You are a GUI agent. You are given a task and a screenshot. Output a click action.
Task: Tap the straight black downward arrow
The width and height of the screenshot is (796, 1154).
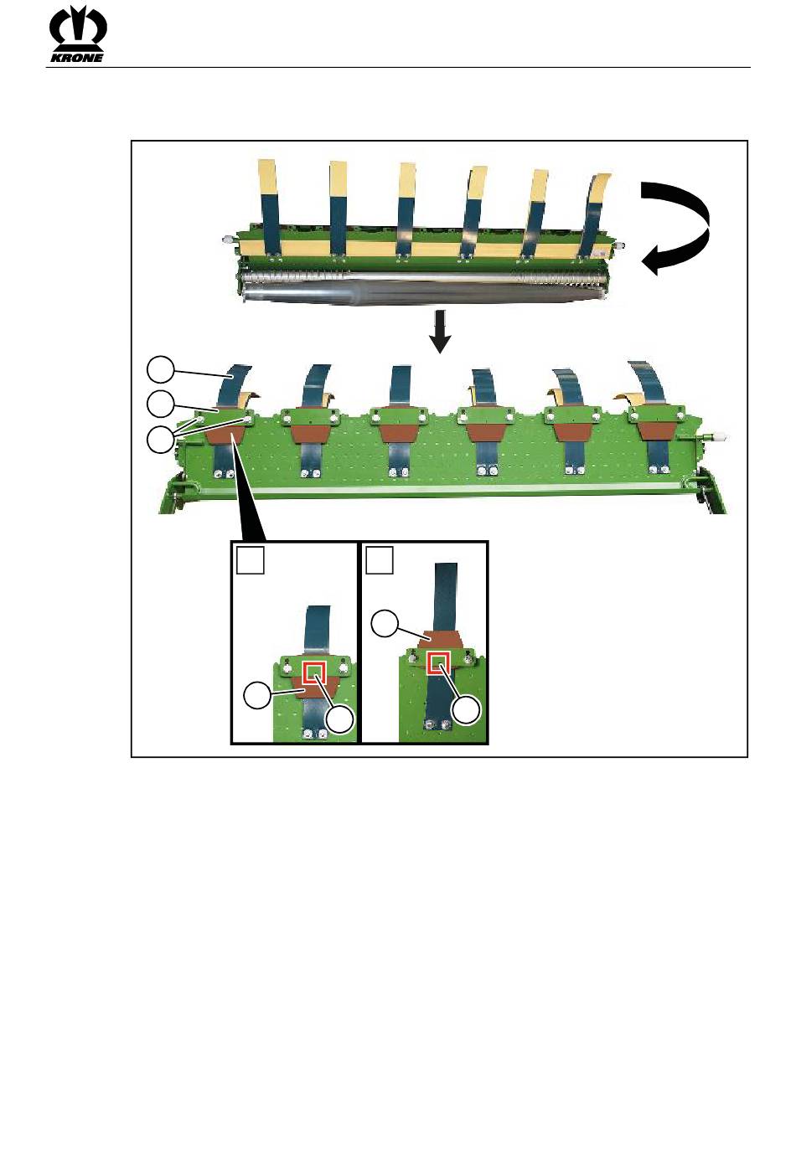click(x=439, y=332)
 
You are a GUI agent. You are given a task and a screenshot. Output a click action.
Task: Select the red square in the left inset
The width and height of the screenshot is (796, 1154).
click(x=313, y=672)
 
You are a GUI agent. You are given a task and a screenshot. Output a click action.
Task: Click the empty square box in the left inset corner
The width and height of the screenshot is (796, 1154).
click(x=251, y=560)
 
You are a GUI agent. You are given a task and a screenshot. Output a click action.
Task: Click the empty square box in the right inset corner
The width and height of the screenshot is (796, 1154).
click(x=380, y=560)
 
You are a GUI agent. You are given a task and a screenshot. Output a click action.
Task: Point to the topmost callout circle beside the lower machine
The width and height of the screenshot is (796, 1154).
click(x=161, y=368)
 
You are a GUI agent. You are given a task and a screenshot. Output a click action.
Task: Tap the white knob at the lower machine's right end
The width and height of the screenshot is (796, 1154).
click(x=718, y=437)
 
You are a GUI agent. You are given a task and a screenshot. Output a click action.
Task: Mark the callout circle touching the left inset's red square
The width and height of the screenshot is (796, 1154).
click(x=340, y=720)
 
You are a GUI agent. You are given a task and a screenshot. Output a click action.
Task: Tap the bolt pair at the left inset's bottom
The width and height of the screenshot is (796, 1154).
click(x=313, y=734)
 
